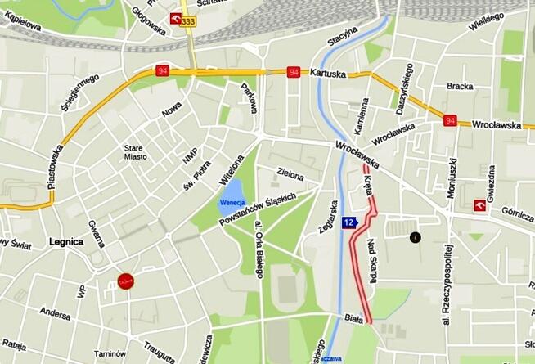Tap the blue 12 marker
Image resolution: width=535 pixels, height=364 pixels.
(x=348, y=222)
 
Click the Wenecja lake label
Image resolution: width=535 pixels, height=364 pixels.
(x=232, y=203)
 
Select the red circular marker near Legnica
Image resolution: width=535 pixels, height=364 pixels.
(x=125, y=281)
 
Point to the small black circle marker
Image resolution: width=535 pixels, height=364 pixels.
(x=415, y=237)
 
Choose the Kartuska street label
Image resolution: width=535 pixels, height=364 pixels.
(x=329, y=73)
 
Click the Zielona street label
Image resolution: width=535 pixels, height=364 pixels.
(x=290, y=175)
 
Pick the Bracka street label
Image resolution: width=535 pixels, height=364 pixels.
(x=460, y=86)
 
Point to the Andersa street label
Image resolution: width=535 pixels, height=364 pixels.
(x=55, y=312)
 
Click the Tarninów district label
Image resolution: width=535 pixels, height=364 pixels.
(x=109, y=353)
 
